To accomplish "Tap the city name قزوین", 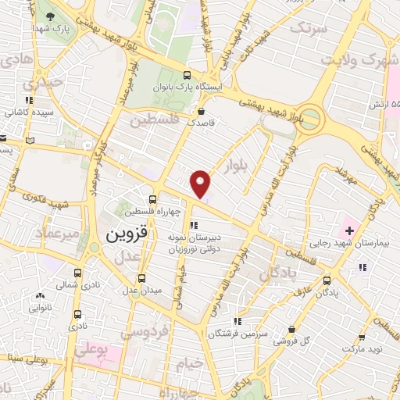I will click(121, 234).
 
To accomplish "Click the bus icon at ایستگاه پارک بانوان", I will click(186, 76).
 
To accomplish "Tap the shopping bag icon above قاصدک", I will click(202, 111).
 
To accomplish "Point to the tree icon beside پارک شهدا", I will click(51, 17).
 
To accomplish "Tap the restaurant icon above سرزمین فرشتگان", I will click(237, 320).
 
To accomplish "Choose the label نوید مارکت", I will click(366, 345).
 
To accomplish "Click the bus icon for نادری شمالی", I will click(77, 273).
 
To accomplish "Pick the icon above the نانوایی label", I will click(40, 296).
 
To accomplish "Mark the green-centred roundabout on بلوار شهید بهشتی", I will click(311, 119).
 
